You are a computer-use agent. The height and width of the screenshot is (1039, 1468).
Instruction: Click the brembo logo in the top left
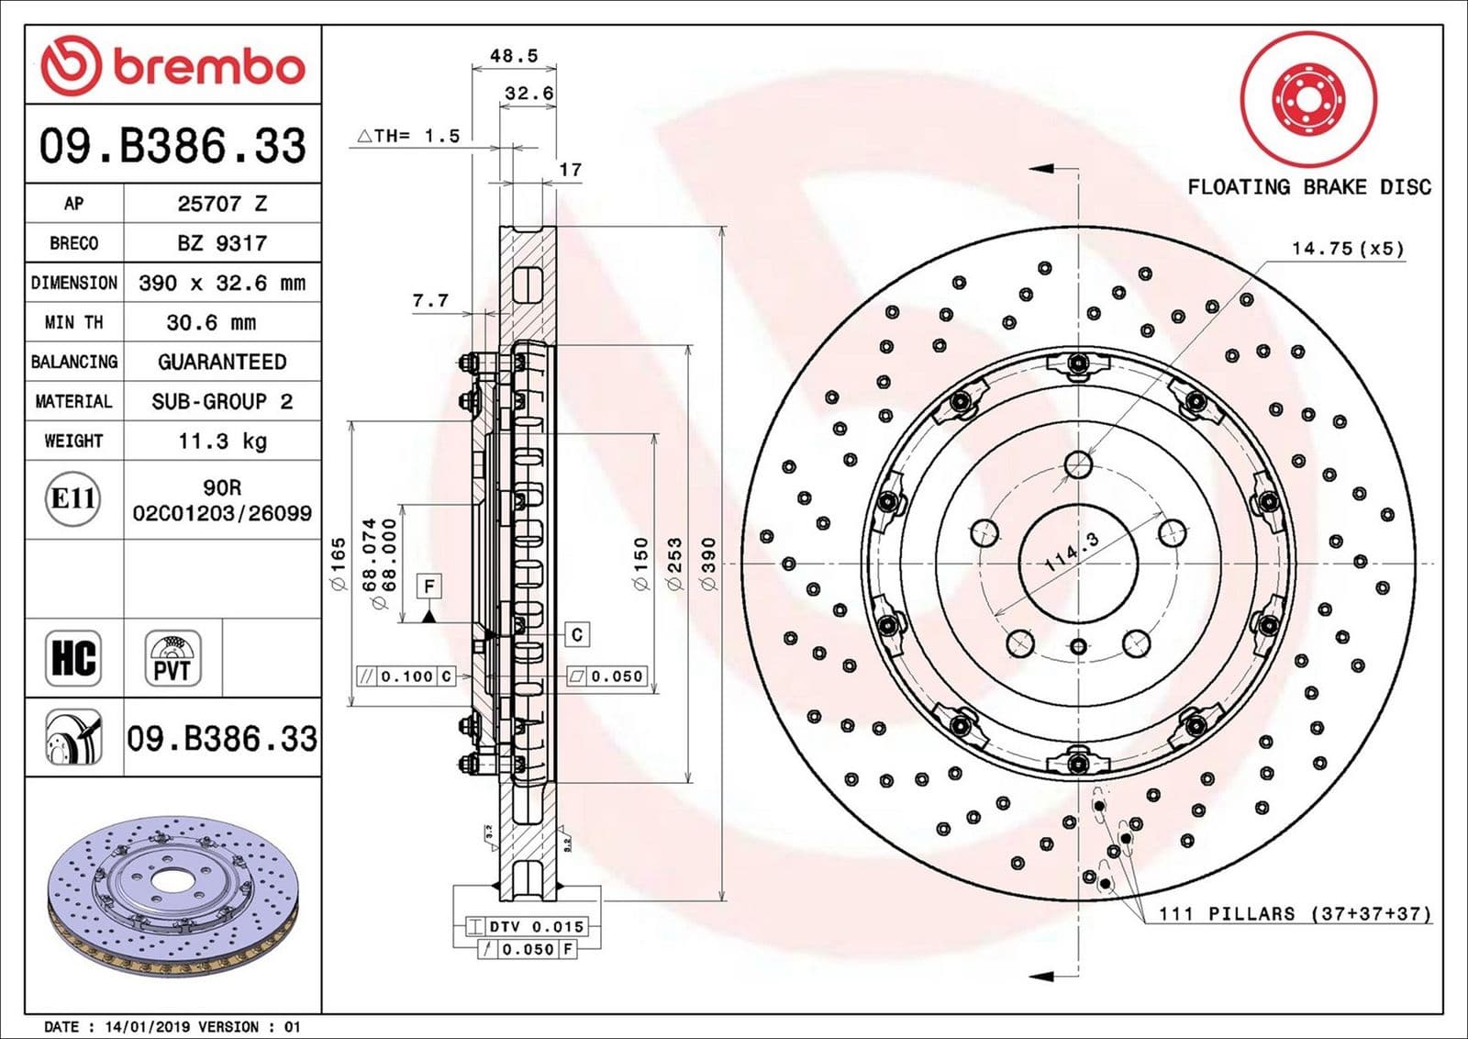coord(172,66)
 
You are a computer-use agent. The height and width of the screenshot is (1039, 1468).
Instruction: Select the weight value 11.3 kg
coord(222,441)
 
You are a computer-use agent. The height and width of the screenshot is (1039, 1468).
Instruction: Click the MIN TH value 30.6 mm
coord(211,322)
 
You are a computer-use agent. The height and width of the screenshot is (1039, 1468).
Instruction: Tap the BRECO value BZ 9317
coord(222,243)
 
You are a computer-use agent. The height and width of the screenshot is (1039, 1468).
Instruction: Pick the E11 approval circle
coord(72,498)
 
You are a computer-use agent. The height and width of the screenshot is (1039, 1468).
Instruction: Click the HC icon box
coord(73,658)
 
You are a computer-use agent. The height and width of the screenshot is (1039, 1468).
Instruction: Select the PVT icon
coord(172,658)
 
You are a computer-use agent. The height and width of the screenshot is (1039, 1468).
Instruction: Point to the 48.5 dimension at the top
coord(513,56)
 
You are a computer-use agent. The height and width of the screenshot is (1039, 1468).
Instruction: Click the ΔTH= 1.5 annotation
coord(408,136)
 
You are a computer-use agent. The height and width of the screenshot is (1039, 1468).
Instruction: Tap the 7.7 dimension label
coord(430,300)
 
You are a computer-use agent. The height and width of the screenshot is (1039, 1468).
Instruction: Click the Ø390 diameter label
coord(708,564)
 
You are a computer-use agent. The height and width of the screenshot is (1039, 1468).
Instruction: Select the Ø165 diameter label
coord(339,564)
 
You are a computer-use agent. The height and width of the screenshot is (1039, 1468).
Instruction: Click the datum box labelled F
coord(428,586)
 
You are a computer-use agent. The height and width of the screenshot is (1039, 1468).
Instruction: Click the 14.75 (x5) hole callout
coord(1347,248)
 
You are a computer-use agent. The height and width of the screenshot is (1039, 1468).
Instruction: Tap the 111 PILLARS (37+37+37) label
coord(1294,913)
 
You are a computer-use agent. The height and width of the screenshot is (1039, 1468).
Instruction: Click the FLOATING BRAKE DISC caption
coord(1308,187)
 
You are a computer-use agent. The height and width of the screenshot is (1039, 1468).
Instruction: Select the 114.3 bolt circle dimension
coord(1072,552)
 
